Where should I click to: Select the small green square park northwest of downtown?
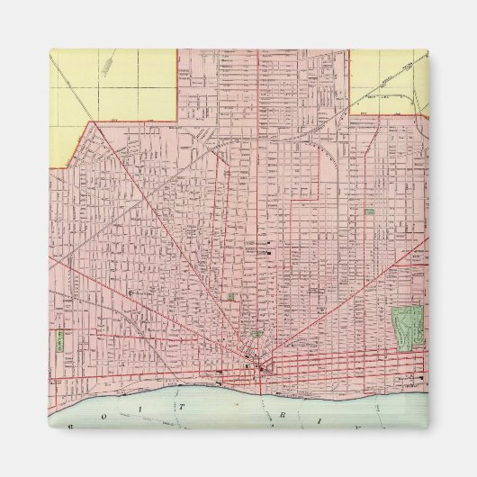(x=231, y=295)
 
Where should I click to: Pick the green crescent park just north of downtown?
(x=256, y=334)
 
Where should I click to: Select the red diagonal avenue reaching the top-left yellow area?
(x=135, y=180)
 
